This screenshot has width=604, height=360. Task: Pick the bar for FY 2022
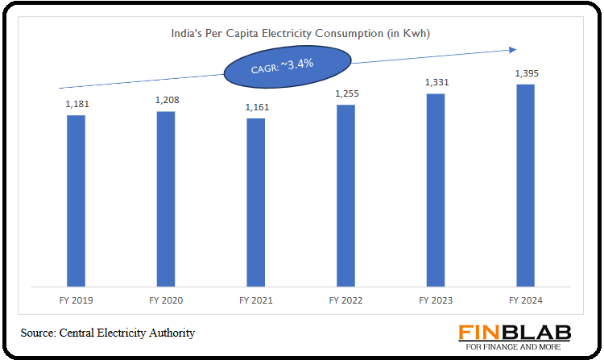(x=345, y=195)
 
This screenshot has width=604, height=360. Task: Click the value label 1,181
(x=76, y=104)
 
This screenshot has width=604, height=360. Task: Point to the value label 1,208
(x=166, y=101)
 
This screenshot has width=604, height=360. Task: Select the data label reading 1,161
(x=256, y=107)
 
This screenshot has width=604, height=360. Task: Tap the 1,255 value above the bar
(x=345, y=93)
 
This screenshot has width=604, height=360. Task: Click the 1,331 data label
(x=436, y=82)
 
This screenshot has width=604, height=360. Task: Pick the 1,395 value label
(x=525, y=73)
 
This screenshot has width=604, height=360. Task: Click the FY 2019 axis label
(x=76, y=300)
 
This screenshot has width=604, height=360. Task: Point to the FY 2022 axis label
(x=345, y=300)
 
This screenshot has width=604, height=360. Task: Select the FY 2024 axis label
(x=525, y=300)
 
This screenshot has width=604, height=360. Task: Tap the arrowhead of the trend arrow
(x=512, y=50)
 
